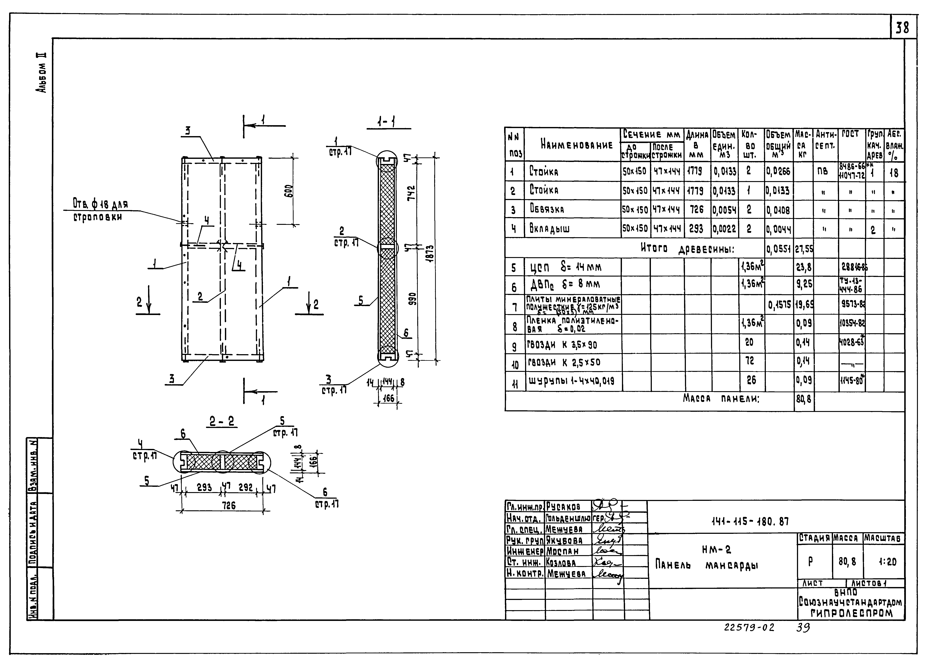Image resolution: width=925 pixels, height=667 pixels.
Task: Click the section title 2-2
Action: coord(222,421)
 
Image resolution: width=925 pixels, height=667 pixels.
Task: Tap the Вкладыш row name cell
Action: coord(549,228)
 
